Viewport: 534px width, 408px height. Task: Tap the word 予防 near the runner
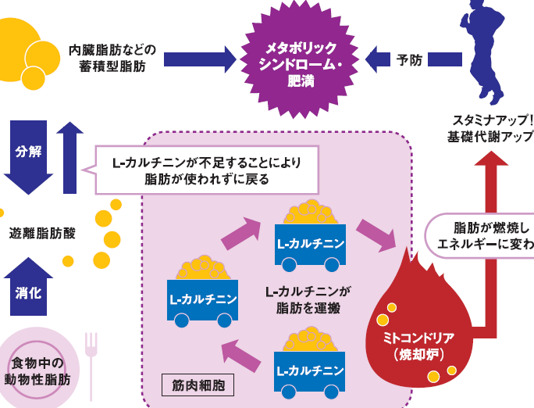408,59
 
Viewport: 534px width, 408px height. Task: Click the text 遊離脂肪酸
42,233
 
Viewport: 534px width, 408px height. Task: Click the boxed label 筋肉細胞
198,385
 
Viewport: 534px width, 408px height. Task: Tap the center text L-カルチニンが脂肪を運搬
308,299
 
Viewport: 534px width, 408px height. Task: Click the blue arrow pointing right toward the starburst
199,59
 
